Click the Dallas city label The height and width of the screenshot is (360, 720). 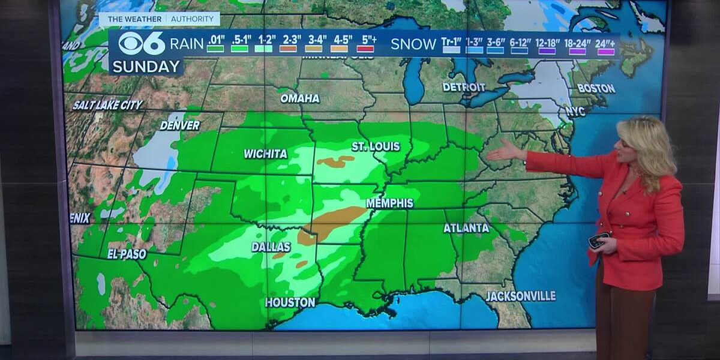271,247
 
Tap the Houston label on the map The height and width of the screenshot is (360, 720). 290,302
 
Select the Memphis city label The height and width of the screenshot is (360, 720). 389,203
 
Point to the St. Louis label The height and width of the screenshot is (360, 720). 376,146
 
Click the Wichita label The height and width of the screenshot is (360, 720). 265,154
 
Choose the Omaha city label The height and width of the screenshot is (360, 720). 299,98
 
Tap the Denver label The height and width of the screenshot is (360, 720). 179,125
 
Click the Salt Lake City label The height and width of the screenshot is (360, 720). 107,105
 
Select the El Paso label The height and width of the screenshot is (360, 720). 127,254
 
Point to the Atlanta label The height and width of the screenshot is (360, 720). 466,228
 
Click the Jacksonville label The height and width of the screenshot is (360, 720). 520,296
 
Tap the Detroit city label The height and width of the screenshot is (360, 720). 463,87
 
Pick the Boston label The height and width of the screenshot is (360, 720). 596,88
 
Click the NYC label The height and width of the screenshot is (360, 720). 575,112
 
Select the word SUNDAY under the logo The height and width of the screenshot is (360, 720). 146,66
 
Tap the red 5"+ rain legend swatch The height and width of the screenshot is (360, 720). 365,48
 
